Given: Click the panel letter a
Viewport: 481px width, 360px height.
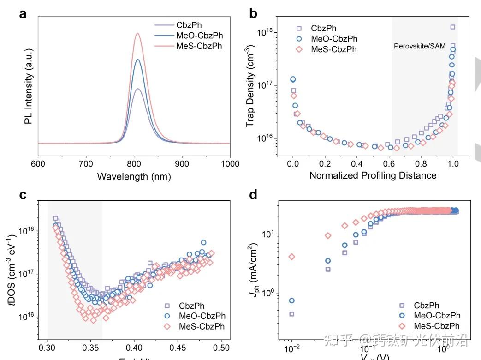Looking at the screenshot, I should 23,14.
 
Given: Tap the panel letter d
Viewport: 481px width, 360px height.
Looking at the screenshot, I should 253,195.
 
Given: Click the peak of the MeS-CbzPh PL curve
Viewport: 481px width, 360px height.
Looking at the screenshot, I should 137,33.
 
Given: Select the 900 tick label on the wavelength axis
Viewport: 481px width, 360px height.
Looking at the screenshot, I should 182,163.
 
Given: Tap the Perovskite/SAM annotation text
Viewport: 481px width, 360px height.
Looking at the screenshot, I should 420,46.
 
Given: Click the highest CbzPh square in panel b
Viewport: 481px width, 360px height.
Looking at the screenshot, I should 452,27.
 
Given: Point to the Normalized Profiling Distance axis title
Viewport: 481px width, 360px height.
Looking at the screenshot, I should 373,175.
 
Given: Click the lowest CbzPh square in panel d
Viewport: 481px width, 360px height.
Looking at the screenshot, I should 292,314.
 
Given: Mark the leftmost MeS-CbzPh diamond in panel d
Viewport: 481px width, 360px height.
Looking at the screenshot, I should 291,257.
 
